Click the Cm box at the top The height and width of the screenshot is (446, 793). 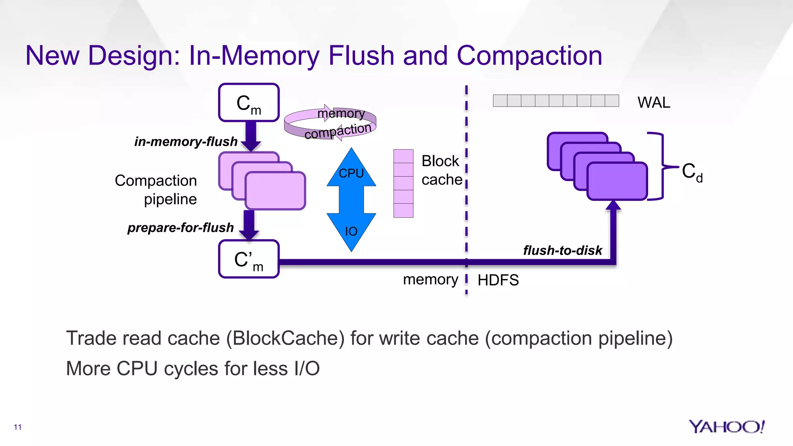pos(249,103)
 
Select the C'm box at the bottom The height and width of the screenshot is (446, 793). pos(249,259)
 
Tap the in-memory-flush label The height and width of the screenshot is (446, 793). pos(185,142)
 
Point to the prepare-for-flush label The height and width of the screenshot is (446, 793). pos(180,228)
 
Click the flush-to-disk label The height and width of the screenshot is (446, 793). pos(562,250)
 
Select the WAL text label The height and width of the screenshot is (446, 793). pos(654,103)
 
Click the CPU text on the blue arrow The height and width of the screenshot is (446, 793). pos(351,173)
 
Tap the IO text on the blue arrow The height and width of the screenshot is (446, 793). pos(351,232)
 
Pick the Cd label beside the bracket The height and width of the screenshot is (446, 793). pos(692,172)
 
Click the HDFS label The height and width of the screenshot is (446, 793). pos(498,280)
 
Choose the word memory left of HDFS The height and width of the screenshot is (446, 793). pos(430,280)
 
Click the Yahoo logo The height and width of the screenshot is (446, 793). pos(726,427)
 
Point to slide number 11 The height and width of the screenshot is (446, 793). pos(17,427)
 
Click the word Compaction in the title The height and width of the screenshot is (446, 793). pos(529,56)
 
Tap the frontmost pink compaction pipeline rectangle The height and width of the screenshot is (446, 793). pos(275,191)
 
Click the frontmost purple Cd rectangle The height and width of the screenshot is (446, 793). pos(617,181)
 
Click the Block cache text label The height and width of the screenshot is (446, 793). pos(441,170)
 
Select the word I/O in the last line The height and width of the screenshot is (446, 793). pos(307,369)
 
